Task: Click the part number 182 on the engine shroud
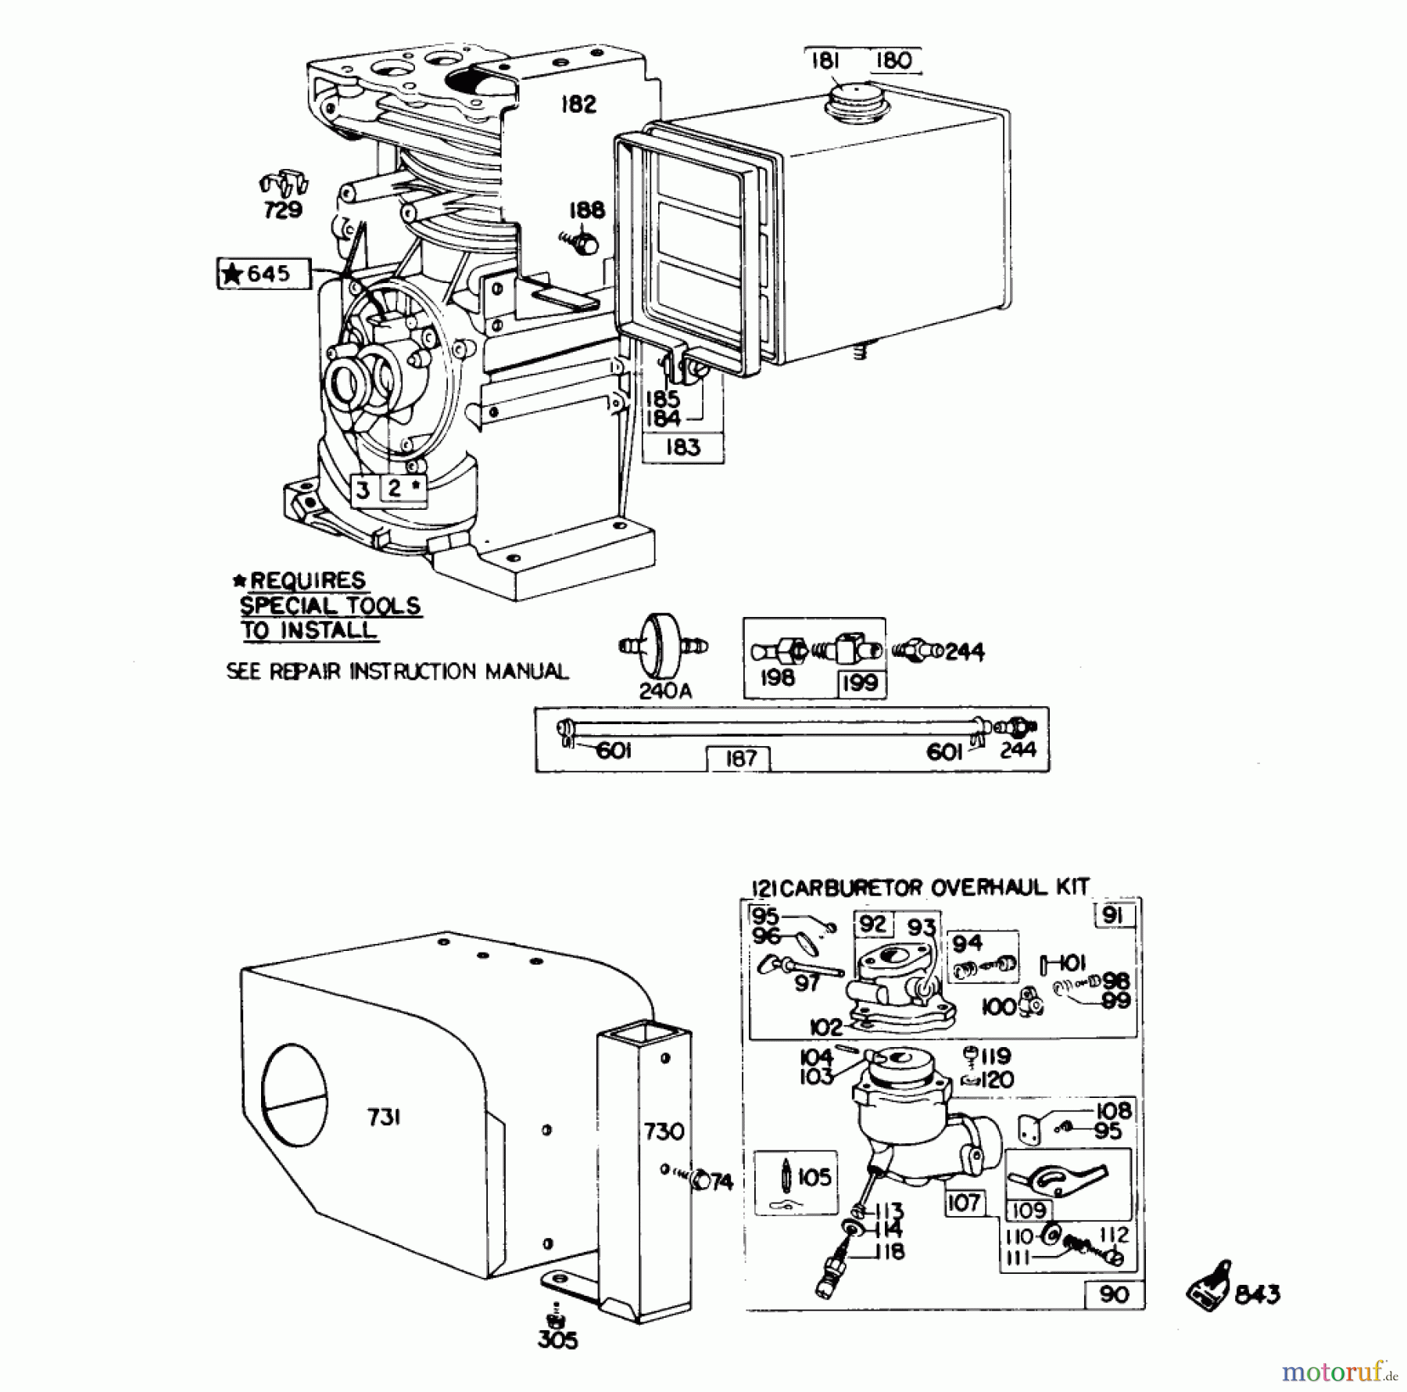click(578, 104)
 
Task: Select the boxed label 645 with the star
click(263, 274)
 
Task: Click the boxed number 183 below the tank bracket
click(683, 447)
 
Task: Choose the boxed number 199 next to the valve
click(861, 683)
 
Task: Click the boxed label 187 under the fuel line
click(739, 758)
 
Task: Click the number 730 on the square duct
click(664, 1131)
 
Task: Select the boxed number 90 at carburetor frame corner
click(1113, 1294)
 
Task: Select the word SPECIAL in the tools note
click(284, 605)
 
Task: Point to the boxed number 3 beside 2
click(362, 490)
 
